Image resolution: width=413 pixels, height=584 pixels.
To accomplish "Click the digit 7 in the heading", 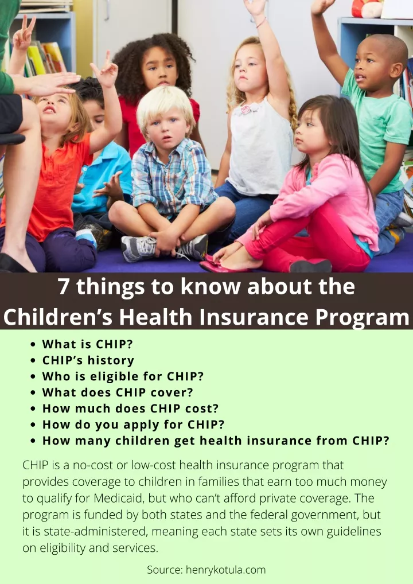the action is [64, 286].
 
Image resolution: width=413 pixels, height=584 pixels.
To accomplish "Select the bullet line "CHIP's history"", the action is [88, 360].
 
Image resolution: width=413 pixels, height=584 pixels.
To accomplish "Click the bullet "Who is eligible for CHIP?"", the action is [123, 376].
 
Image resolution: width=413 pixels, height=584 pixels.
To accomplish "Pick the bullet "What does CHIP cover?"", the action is [118, 392].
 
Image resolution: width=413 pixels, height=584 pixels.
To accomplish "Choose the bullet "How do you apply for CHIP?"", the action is [133, 425].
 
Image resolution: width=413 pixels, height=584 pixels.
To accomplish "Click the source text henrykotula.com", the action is [225, 570].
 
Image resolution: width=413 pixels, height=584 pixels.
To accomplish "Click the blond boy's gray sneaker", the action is [139, 248].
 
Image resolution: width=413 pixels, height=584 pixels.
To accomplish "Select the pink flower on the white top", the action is [246, 110].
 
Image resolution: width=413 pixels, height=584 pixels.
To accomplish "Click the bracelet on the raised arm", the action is [261, 23].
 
